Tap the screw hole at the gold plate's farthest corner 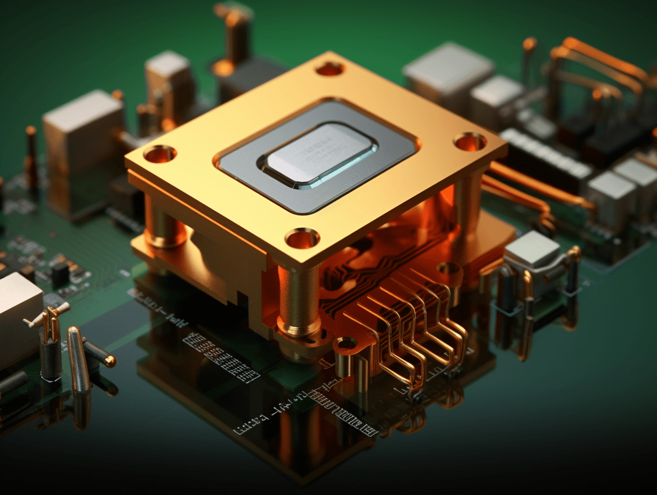tap(330, 68)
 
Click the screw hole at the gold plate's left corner tap(159, 154)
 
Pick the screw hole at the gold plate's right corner tap(470, 142)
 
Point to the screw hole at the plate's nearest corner tap(302, 238)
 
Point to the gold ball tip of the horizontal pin tap(110, 362)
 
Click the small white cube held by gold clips tap(532, 251)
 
